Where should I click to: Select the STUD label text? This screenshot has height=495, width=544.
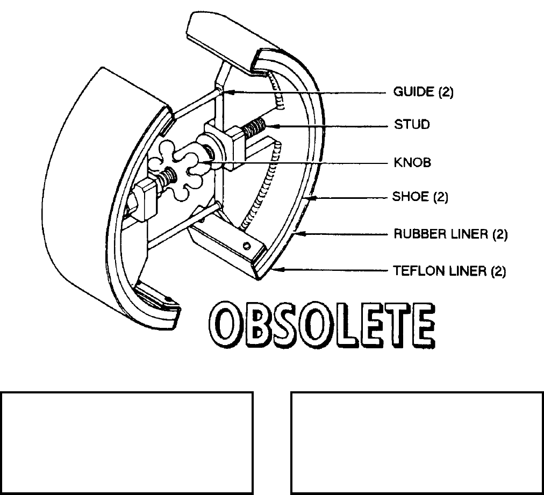(x=412, y=125)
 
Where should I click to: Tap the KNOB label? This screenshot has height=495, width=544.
(x=412, y=162)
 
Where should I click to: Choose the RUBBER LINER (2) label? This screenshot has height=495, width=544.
(x=450, y=234)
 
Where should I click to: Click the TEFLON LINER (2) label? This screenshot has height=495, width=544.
(x=450, y=271)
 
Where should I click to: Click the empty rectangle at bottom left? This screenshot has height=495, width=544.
(x=127, y=443)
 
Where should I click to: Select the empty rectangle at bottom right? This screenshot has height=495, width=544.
(x=417, y=443)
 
